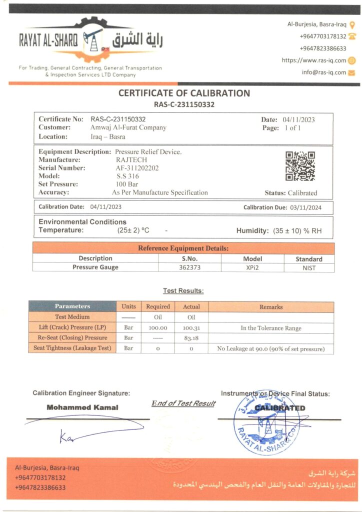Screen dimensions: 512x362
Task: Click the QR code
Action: [x=300, y=166]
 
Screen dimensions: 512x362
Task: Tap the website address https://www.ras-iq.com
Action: [x=314, y=60]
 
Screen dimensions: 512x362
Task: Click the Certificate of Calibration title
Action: [x=184, y=93]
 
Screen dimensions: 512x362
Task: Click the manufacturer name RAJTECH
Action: [x=128, y=160]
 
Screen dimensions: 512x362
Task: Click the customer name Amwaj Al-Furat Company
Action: [x=128, y=128]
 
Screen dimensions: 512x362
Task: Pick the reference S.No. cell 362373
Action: [x=189, y=267]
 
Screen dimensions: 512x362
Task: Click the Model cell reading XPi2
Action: [x=252, y=267]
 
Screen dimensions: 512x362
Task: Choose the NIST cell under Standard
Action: [x=308, y=267]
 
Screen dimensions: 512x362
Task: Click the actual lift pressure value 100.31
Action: [x=191, y=328]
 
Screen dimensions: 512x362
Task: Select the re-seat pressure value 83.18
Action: [x=191, y=338]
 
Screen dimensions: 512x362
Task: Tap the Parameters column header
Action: [x=72, y=306]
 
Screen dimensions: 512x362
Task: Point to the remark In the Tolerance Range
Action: [x=270, y=328]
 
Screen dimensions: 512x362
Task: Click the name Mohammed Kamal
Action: [x=82, y=407]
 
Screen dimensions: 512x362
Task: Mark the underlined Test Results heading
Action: [x=183, y=290]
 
